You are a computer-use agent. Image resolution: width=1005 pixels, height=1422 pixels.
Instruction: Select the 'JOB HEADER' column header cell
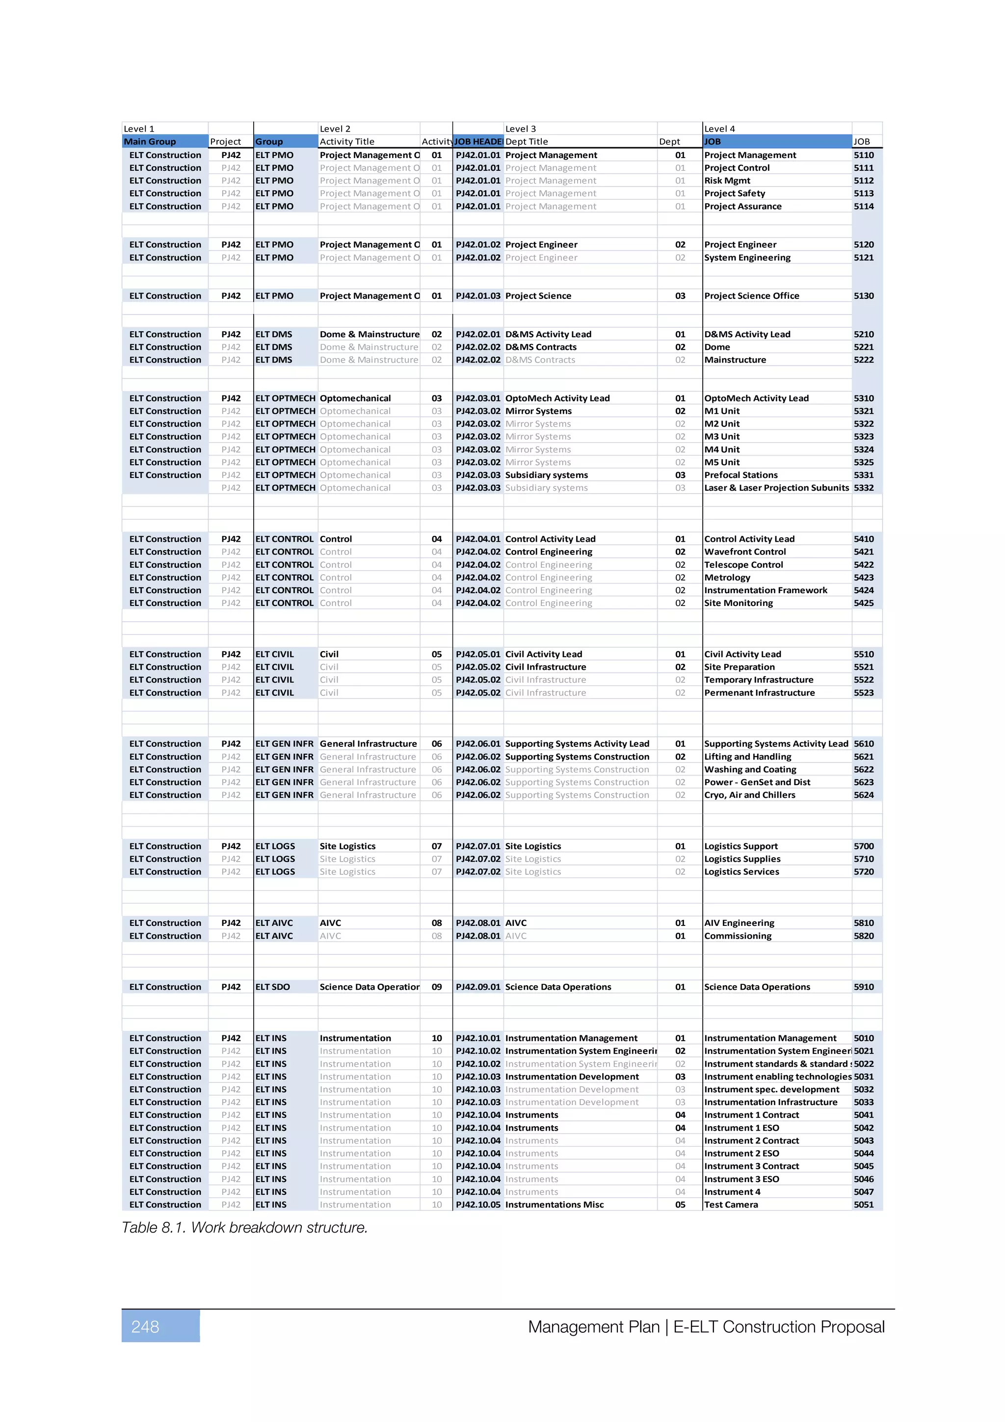(478, 141)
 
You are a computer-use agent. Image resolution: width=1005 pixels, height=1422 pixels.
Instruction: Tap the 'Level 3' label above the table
(520, 129)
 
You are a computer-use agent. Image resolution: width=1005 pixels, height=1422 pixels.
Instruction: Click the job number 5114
(863, 206)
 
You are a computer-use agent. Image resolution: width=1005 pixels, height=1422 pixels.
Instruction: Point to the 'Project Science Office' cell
(751, 296)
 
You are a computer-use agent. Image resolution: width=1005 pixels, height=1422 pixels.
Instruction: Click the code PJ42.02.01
(478, 335)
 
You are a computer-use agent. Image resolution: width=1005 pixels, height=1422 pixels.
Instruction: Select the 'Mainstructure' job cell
(735, 360)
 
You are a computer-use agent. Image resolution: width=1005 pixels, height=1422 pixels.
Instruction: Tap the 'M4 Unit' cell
(721, 449)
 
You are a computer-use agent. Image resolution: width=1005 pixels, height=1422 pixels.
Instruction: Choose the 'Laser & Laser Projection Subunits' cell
(776, 488)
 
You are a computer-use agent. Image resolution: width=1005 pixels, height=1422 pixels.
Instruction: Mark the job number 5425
(863, 603)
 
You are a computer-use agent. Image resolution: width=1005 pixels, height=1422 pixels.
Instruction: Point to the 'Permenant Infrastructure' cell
(759, 693)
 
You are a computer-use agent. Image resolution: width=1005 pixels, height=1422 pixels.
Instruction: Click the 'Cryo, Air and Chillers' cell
(749, 795)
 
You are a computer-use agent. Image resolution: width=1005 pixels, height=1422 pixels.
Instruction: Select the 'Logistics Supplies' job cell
(742, 859)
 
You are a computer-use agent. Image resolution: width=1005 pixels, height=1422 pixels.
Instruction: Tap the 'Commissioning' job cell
(738, 936)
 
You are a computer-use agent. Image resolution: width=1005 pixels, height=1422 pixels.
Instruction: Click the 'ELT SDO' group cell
(272, 987)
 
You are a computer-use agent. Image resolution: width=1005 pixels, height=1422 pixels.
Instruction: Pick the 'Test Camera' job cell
(731, 1205)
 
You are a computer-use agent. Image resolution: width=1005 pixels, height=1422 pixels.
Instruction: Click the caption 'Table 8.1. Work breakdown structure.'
(244, 1228)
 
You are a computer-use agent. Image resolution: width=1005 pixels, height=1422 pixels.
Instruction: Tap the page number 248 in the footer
(146, 1327)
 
